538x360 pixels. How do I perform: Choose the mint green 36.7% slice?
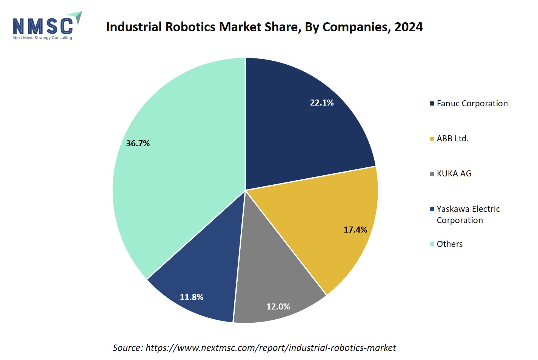(174, 170)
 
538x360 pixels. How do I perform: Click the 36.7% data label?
(138, 143)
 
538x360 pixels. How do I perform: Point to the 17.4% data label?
(355, 230)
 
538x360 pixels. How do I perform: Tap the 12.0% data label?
(278, 306)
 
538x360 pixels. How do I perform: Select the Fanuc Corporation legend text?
(472, 103)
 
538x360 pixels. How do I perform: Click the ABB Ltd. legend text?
(452, 138)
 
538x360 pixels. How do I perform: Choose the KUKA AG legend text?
(454, 173)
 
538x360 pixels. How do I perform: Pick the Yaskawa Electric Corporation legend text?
(468, 214)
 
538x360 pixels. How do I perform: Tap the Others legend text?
(449, 244)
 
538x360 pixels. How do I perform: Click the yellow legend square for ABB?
(432, 139)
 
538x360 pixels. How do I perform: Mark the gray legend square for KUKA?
(432, 174)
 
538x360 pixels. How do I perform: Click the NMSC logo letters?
(43, 26)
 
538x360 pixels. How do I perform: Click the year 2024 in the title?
(409, 27)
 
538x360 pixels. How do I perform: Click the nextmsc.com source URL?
(271, 348)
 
